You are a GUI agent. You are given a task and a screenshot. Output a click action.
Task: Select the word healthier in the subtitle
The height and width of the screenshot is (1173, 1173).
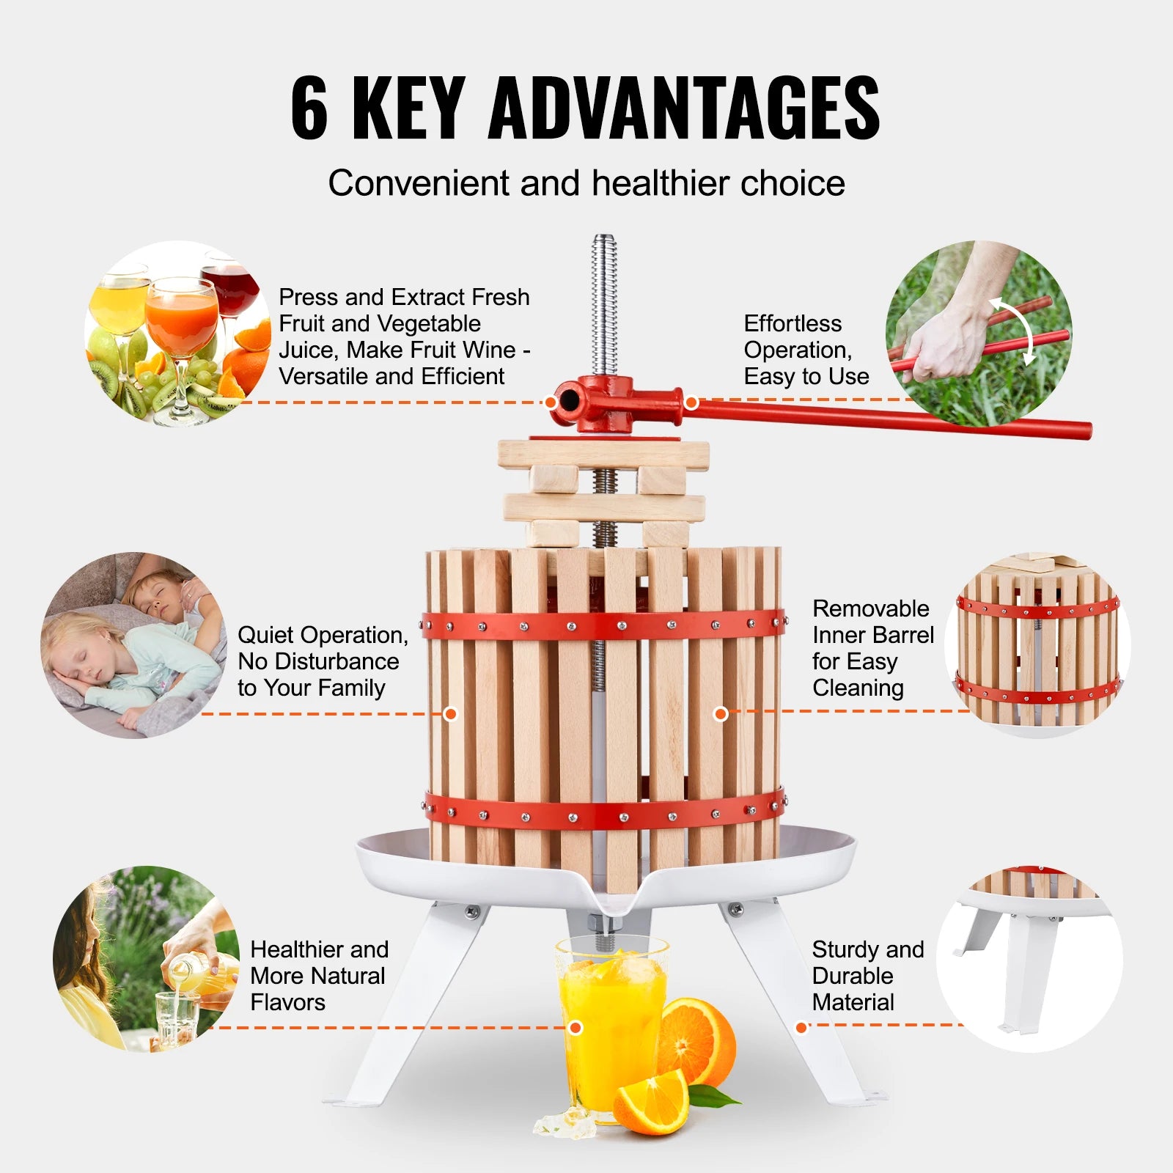(661, 183)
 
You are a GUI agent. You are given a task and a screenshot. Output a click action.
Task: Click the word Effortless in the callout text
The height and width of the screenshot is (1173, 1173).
(793, 323)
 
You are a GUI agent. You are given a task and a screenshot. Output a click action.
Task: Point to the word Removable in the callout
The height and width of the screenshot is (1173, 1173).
(871, 608)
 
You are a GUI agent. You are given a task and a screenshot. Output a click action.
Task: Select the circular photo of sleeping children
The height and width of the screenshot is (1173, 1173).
(133, 644)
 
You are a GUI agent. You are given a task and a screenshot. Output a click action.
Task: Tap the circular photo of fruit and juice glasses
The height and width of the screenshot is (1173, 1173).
(178, 334)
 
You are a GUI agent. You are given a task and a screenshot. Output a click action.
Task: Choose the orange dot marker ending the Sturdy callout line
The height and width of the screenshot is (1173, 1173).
(801, 1028)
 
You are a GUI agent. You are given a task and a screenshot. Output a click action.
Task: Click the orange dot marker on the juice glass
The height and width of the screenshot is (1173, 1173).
(576, 1028)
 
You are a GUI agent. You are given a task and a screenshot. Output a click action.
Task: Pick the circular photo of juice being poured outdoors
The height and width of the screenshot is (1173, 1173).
(147, 959)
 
